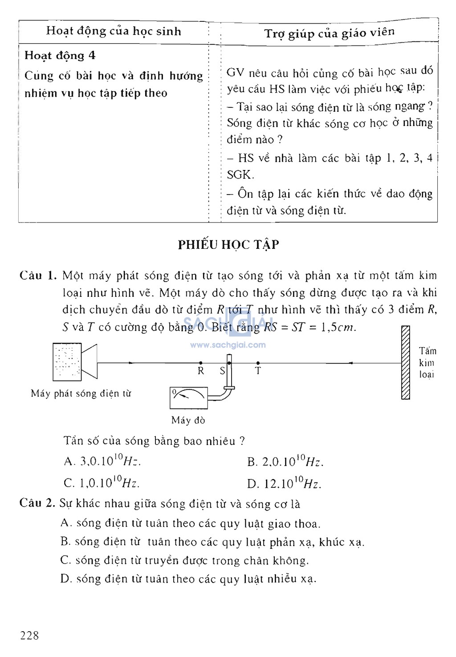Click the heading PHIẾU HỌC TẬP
228,244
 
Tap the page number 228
29,636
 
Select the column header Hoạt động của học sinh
114,31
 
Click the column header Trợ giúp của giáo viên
329,33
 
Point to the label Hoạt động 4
60,56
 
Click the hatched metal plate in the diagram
405,362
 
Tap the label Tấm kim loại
427,363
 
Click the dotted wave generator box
67,362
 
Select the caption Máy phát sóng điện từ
81,393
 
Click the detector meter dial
188,397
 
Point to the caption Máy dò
188,420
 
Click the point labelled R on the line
201,363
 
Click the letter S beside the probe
222,371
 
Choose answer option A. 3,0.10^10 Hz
102,461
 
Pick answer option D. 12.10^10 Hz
284,483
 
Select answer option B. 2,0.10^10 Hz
285,462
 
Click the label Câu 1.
38,276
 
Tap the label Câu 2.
37,503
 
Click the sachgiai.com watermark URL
228,345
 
